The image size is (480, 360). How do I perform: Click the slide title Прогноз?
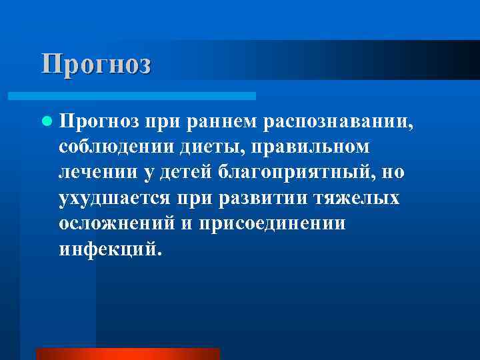pyautogui.click(x=97, y=64)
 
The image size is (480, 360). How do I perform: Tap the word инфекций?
pyautogui.click(x=109, y=249)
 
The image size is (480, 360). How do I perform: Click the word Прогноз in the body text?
pyautogui.click(x=99, y=121)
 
